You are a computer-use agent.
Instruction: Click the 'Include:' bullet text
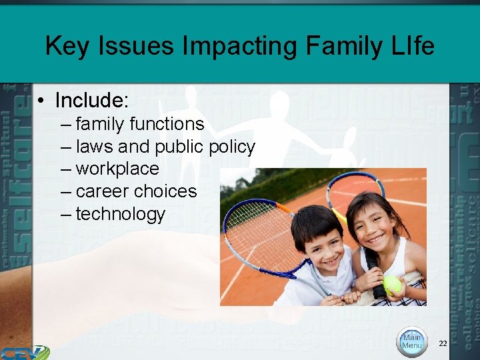[91, 100]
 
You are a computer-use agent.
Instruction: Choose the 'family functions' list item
[139, 124]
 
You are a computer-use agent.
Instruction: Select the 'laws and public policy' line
[165, 147]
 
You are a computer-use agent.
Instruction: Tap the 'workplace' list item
[117, 169]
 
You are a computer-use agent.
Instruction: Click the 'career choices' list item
[136, 191]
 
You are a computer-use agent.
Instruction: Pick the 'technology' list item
[120, 214]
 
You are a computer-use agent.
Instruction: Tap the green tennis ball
[393, 285]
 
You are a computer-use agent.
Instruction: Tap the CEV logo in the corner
[24, 351]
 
